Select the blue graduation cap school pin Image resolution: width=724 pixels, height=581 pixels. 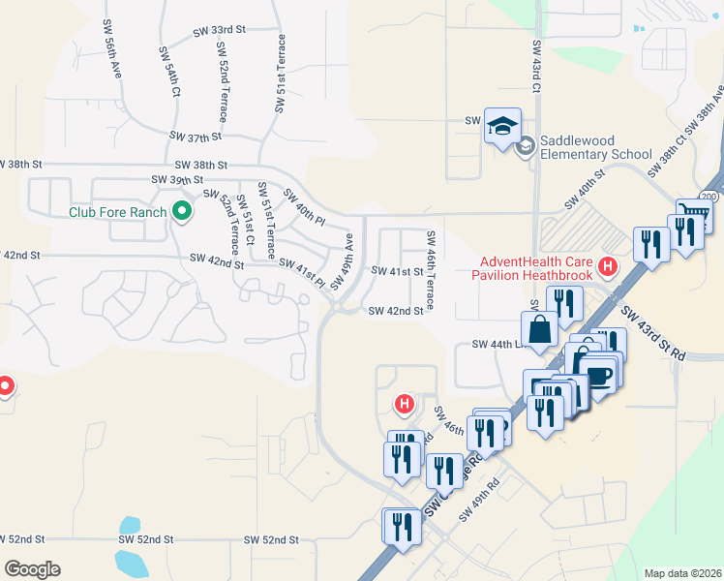click(x=503, y=127)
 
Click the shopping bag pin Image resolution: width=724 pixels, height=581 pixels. click(x=539, y=329)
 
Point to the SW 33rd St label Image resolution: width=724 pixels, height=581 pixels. click(x=220, y=30)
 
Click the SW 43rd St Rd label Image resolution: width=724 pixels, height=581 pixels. click(x=653, y=334)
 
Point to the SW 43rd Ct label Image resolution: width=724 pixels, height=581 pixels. click(x=534, y=65)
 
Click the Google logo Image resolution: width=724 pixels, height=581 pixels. click(x=33, y=569)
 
